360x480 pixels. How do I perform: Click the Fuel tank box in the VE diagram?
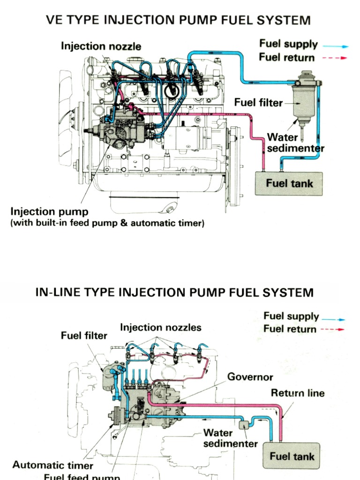coord(289,183)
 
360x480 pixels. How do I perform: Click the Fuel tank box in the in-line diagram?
coord(292,456)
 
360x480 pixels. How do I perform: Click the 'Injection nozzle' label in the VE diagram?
coord(101,46)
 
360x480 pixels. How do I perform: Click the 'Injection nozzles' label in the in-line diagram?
coord(161,327)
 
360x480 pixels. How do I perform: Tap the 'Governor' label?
coord(250,377)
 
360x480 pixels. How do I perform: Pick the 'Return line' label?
coord(298,393)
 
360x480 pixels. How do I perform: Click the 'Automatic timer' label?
coord(52,465)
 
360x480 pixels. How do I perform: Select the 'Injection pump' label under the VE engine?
coord(49,211)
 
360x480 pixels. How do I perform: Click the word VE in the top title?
coord(53,20)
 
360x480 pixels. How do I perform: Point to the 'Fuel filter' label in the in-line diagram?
coord(84,336)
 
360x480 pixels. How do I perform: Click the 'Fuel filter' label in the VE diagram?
coord(258,103)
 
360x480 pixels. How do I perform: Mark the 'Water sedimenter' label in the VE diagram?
coord(295,143)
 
